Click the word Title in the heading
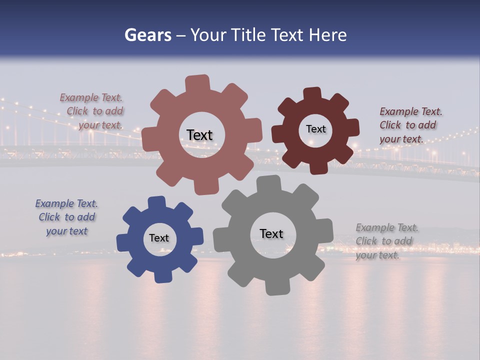pos(248,35)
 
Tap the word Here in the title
pos(327,35)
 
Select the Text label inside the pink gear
pos(199,135)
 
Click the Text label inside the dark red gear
pos(315,129)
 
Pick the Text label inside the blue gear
pos(159,238)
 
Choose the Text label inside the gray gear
pos(271,233)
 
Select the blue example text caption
pos(67,217)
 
